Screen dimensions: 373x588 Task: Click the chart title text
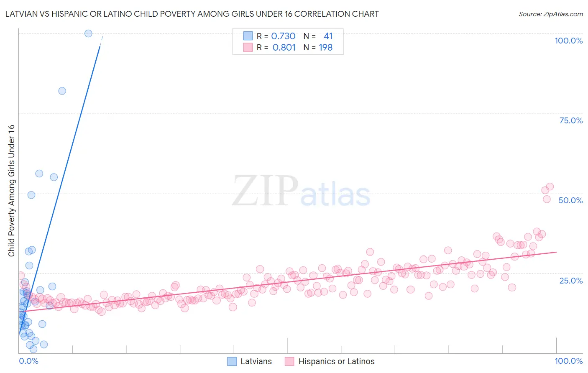(x=192, y=14)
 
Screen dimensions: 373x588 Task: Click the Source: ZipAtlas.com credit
(x=550, y=14)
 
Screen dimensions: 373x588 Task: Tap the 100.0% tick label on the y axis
(x=568, y=41)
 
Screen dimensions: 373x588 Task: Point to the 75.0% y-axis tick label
(x=571, y=120)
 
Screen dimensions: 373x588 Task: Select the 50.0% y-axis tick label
(x=570, y=200)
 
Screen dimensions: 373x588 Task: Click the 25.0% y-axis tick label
(x=571, y=280)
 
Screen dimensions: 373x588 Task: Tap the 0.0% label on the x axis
(x=28, y=361)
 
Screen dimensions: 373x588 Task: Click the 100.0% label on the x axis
(x=568, y=361)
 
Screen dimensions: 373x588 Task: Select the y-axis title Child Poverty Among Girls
(x=11, y=191)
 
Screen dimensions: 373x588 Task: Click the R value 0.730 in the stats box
(x=283, y=36)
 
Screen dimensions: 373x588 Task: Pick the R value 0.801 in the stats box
(x=284, y=47)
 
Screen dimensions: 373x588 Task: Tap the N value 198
(x=325, y=47)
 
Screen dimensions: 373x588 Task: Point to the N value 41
(x=328, y=36)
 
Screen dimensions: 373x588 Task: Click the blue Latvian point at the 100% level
(x=88, y=33)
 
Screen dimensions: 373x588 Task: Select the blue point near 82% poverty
(x=62, y=91)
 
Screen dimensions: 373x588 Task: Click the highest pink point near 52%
(x=550, y=186)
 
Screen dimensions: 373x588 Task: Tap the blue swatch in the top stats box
(x=248, y=36)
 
